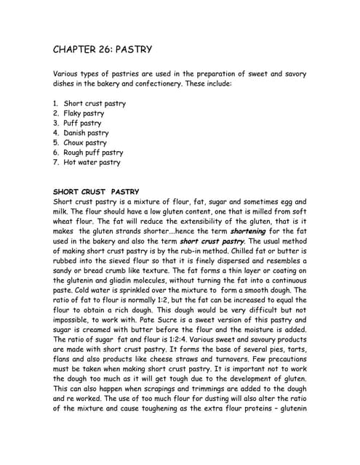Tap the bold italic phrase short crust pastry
[x=212, y=240]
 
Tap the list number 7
[x=55, y=163]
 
